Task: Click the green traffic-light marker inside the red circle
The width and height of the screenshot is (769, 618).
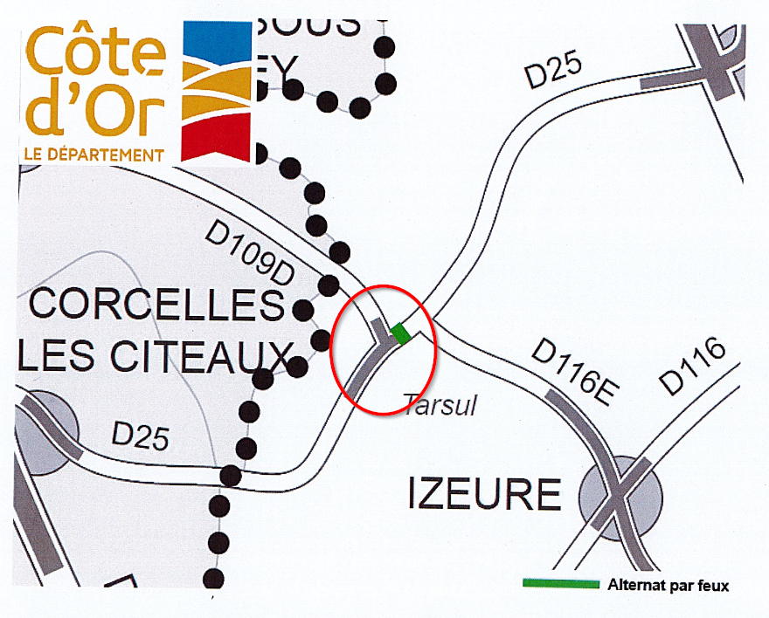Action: coord(401,333)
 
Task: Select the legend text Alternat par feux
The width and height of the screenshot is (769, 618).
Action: coord(668,585)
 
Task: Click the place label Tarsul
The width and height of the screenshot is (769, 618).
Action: coord(439,404)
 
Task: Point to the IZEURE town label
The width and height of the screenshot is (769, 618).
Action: coord(484,495)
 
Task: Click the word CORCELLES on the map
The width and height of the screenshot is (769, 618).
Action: coord(158,305)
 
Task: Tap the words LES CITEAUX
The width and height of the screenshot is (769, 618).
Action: coord(153,355)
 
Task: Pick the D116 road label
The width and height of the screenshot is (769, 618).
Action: coord(692,366)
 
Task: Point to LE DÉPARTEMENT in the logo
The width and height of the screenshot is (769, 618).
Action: coord(94,154)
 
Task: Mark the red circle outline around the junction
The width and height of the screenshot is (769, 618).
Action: coord(334,349)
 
